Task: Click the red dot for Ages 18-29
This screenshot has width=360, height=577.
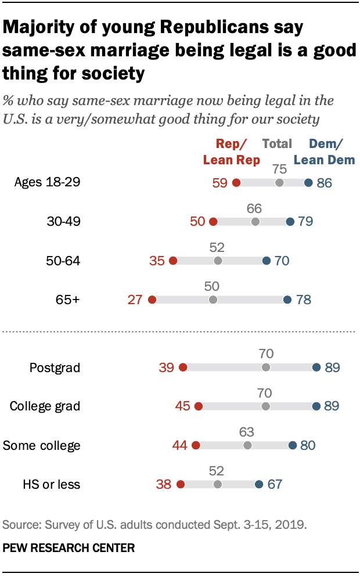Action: coord(236,183)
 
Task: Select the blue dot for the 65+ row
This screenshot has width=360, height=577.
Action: coord(287,300)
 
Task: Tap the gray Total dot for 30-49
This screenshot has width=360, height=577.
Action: coord(255,222)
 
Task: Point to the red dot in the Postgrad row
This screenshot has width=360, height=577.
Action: coord(183,367)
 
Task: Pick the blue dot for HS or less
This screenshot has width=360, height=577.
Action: coord(258,484)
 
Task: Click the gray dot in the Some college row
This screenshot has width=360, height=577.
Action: coord(248,445)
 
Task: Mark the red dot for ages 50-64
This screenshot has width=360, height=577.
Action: coord(172,261)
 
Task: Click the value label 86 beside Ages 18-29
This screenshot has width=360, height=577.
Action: coord(325,183)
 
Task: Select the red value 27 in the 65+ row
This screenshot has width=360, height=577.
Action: coord(136,300)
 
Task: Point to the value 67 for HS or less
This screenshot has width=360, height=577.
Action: coord(275,484)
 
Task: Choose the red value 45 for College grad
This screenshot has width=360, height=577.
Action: coord(183,406)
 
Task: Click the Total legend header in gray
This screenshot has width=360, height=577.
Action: coord(277,144)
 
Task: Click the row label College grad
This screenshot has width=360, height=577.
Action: coord(45,406)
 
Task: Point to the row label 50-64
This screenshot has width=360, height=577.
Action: coord(63,261)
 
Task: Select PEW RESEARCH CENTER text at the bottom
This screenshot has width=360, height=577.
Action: coord(69,547)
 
